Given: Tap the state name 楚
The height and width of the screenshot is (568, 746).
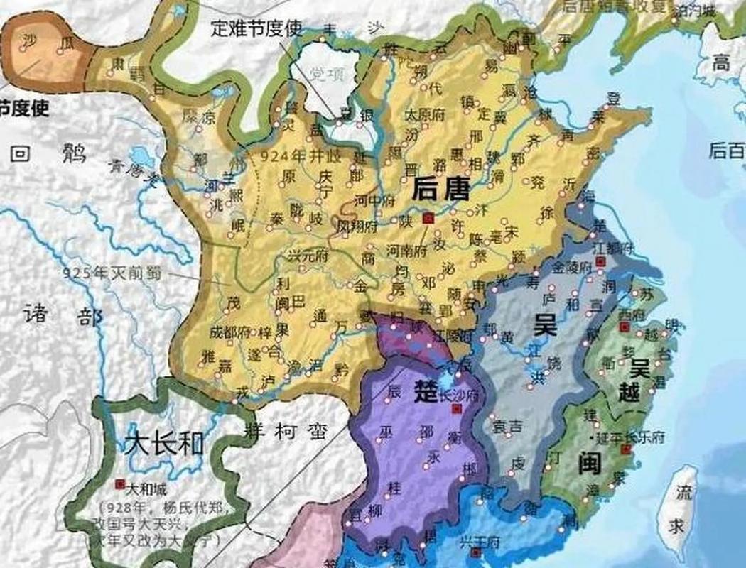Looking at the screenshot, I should [425, 395].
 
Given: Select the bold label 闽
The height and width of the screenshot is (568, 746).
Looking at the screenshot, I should [589, 463].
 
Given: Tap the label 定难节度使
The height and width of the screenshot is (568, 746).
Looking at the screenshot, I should [256, 28].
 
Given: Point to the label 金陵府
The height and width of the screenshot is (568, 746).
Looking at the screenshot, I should [572, 268].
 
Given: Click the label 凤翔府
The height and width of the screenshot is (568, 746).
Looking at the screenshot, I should [355, 229].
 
